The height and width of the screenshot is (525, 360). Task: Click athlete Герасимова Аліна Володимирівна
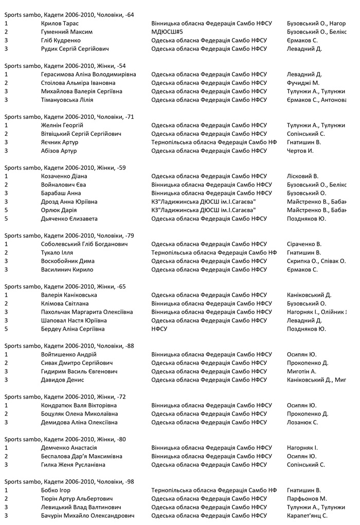click(x=88, y=75)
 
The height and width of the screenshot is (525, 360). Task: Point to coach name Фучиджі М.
click(x=303, y=83)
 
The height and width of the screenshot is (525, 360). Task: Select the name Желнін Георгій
click(x=62, y=125)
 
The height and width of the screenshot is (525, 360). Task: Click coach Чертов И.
click(x=300, y=151)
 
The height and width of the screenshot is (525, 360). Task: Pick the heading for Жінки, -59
click(x=65, y=168)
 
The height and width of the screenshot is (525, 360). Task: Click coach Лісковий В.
click(x=302, y=176)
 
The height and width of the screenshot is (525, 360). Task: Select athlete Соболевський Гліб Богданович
click(x=84, y=244)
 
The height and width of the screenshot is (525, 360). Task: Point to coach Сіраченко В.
click(x=304, y=244)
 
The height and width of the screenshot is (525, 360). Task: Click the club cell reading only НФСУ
click(x=159, y=329)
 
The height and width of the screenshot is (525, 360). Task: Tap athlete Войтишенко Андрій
click(x=69, y=354)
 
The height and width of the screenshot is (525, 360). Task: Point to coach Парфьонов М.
click(x=307, y=499)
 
